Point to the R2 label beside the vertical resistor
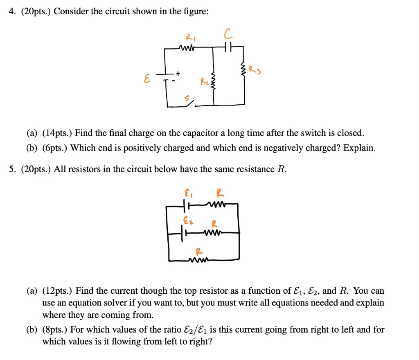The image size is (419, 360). [204, 83]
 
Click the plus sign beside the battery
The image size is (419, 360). [178, 74]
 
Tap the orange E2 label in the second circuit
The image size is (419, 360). [187, 221]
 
